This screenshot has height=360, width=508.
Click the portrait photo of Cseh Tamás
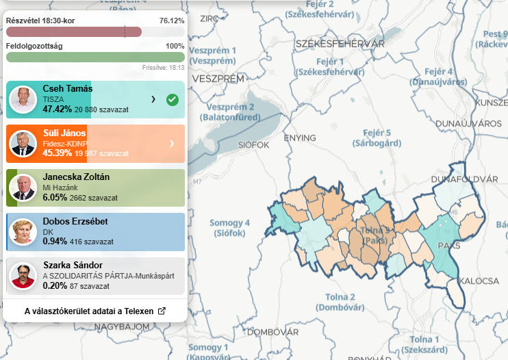tap(23, 100)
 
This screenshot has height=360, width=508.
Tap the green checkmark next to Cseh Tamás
tap(173, 100)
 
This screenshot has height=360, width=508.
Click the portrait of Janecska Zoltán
tap(23, 188)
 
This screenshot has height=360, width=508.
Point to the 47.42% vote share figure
tap(57, 109)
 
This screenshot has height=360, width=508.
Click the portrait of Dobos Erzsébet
tap(23, 231)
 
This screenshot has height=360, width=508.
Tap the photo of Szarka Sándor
tap(23, 276)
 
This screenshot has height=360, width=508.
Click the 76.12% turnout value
tap(172, 21)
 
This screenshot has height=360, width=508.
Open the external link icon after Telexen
tap(162, 311)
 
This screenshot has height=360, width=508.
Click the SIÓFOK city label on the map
tap(255, 145)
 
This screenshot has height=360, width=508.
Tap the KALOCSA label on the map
tap(479, 281)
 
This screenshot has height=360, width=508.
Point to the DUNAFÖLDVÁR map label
tap(465, 179)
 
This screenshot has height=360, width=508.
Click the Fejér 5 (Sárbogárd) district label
tap(377, 138)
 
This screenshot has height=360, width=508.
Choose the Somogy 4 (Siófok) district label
tap(229, 228)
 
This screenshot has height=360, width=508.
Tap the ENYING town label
tap(300, 138)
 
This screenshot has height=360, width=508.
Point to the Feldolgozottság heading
tap(34, 46)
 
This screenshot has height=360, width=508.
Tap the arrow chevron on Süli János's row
tap(171, 144)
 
